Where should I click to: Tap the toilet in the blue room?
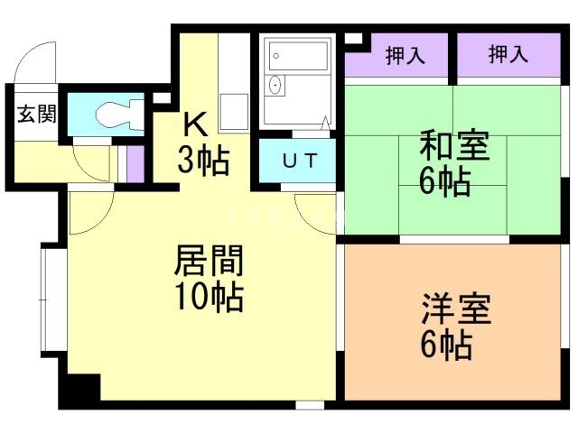point(116,115)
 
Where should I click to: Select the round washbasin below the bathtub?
point(275,87)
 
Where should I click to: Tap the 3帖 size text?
point(202,161)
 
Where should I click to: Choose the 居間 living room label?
point(209,262)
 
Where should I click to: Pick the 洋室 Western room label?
point(454,309)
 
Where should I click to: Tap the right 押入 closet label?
point(508,56)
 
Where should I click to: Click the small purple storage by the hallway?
point(135,162)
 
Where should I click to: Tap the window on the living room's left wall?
point(49,298)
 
